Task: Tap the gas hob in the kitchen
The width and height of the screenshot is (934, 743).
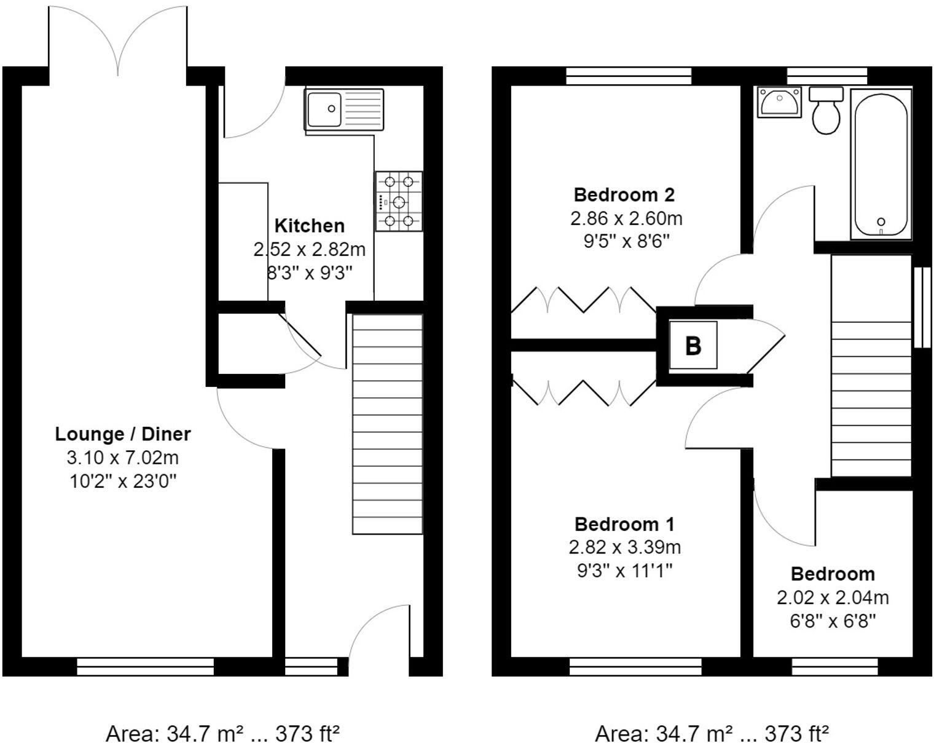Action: (399, 201)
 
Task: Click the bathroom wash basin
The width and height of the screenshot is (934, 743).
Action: (780, 101)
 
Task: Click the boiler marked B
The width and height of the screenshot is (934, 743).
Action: (693, 345)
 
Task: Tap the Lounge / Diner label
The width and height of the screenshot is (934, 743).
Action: (123, 434)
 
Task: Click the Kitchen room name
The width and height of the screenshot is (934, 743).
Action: (309, 226)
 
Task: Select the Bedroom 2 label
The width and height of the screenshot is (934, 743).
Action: (624, 195)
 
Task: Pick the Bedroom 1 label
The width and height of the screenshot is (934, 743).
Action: (624, 525)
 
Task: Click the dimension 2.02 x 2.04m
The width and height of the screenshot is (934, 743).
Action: (833, 598)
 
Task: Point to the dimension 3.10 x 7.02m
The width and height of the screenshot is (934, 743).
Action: (123, 458)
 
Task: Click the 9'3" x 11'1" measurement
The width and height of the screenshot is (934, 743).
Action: (624, 571)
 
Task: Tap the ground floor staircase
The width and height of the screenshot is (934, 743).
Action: (387, 424)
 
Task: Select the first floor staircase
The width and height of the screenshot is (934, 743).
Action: (871, 366)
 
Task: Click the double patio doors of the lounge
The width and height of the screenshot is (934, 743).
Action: (117, 40)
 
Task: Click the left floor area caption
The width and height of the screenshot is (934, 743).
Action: (223, 733)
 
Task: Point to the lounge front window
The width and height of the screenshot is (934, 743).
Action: (145, 667)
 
